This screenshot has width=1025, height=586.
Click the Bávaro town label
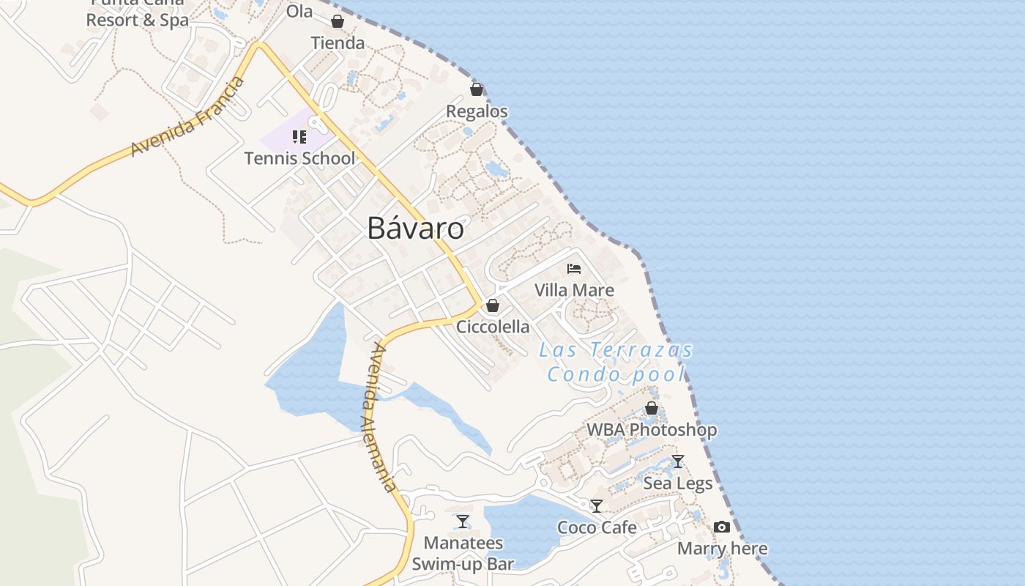415,228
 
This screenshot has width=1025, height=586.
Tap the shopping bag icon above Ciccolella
493,305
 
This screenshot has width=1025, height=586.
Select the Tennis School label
299,158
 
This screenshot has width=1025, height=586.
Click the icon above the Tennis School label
299,137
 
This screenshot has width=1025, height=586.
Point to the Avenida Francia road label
187,117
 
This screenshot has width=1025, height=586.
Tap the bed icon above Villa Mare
574,269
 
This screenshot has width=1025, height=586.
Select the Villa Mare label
574,290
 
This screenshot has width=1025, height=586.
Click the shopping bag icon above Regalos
477,89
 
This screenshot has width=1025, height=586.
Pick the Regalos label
477,111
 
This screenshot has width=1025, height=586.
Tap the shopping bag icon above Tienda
338,21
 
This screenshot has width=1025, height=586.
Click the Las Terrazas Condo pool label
616,362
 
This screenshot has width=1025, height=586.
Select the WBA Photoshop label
652,429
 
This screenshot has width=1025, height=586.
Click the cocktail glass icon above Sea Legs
678,461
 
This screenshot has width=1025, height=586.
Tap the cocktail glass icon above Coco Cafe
597,506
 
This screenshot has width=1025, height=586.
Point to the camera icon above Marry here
722,527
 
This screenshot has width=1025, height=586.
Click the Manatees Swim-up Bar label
463,553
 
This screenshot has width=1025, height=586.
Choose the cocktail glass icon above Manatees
463,522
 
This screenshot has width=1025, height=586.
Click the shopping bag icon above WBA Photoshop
652,408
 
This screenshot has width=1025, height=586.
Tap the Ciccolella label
493,327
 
